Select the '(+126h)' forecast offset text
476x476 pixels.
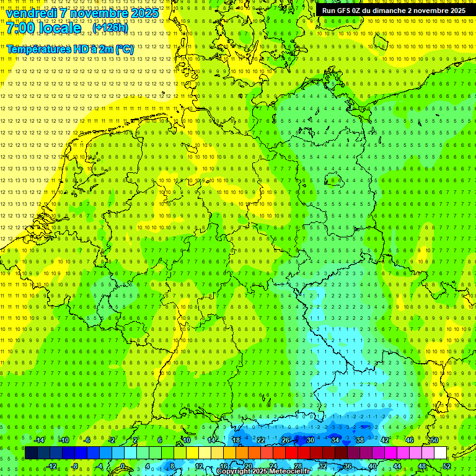[110, 27]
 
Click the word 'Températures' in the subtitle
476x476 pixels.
[37, 49]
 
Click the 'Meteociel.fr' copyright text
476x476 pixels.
[286, 472]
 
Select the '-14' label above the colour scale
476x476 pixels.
[38, 440]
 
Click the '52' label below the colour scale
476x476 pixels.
[447, 466]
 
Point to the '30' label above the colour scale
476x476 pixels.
[310, 440]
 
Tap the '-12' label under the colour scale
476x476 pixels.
[52, 466]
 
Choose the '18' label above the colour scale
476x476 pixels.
[236, 440]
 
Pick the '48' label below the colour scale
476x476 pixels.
[422, 466]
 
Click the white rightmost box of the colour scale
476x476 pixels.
[440, 452]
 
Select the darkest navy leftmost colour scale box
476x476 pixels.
[31, 452]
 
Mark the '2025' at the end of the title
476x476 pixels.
[144, 12]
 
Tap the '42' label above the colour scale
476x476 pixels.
[384, 440]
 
